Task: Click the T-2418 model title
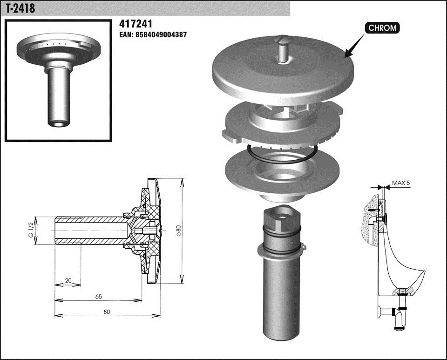click(x=20, y=8)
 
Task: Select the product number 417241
click(x=135, y=24)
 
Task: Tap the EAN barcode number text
click(x=153, y=35)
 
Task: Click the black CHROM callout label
click(x=382, y=28)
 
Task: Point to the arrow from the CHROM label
click(x=355, y=46)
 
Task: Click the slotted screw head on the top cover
click(x=283, y=40)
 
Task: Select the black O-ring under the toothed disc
click(x=282, y=154)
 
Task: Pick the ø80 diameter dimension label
click(x=178, y=231)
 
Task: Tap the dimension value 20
click(x=68, y=280)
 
